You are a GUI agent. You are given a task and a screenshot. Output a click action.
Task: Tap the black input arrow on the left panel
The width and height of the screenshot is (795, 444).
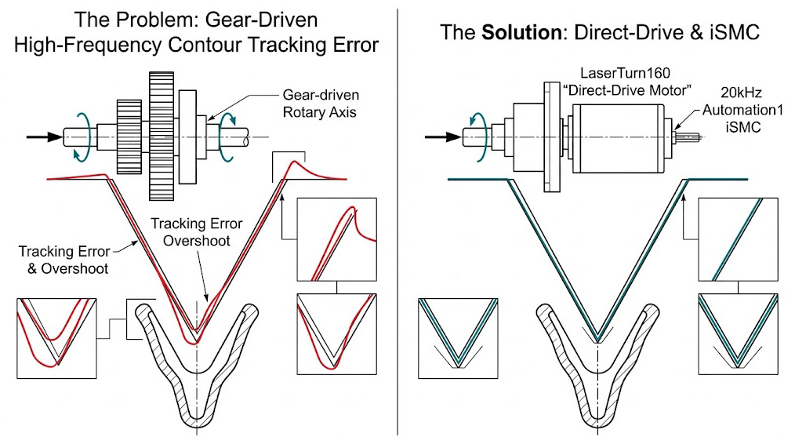point(44,136)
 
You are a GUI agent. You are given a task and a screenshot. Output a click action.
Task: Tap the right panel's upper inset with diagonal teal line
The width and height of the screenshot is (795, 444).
point(739,239)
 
